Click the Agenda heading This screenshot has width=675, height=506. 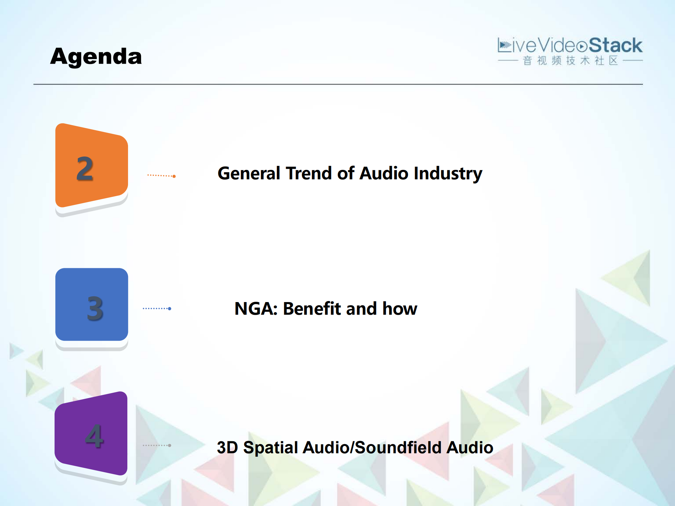click(96, 56)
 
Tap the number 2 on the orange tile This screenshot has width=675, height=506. click(85, 169)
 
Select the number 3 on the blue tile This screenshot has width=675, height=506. click(95, 308)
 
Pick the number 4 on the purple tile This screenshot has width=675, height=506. click(94, 436)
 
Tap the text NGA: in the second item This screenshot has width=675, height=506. click(256, 309)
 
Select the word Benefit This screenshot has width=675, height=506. click(312, 309)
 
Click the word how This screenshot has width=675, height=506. click(400, 309)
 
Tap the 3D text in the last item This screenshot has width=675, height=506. click(227, 448)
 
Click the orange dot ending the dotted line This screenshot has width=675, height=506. click(174, 176)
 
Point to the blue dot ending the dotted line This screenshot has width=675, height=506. click(170, 309)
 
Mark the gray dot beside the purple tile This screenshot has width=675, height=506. click(170, 446)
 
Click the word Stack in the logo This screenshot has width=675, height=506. click(615, 46)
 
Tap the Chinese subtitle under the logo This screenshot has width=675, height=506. click(570, 61)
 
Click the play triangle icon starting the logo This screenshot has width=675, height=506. click(505, 45)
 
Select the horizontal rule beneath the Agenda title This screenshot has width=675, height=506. click(338, 84)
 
